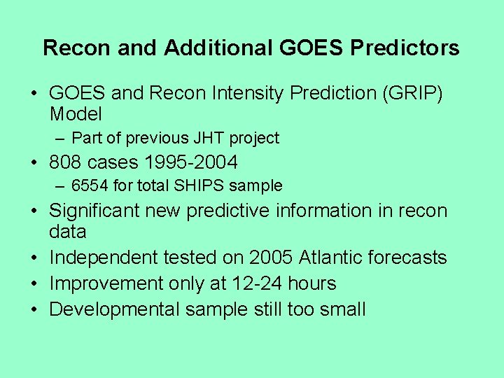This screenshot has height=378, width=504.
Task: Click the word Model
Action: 76,114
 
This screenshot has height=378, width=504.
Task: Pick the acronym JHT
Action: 203,139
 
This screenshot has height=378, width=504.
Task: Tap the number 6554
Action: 88,186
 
